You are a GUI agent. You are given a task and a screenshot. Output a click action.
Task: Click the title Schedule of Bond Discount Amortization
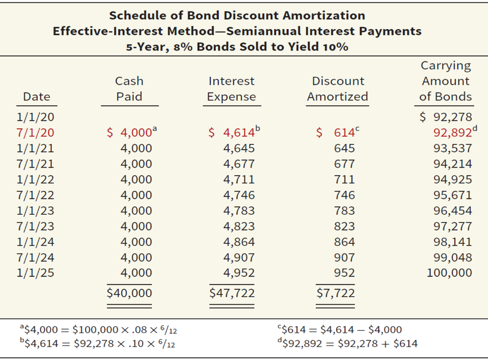click(x=237, y=15)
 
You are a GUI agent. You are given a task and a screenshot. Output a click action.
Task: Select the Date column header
click(x=37, y=97)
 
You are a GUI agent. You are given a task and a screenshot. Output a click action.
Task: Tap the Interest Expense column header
click(x=231, y=89)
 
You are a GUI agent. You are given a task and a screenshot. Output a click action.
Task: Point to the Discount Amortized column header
click(x=337, y=89)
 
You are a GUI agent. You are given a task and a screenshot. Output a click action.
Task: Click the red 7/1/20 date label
click(x=35, y=133)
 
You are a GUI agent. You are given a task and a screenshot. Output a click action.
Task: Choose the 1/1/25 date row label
click(x=35, y=273)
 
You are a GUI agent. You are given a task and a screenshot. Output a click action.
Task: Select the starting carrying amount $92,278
click(x=446, y=117)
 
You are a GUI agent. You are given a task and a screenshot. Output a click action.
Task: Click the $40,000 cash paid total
click(x=129, y=293)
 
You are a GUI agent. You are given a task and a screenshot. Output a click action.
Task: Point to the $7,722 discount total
click(x=336, y=293)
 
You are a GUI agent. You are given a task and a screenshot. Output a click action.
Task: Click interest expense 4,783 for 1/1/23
click(x=239, y=210)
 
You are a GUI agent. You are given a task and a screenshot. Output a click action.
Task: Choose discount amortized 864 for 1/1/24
click(x=344, y=242)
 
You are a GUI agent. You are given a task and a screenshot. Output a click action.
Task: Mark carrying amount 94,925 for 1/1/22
click(x=452, y=180)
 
